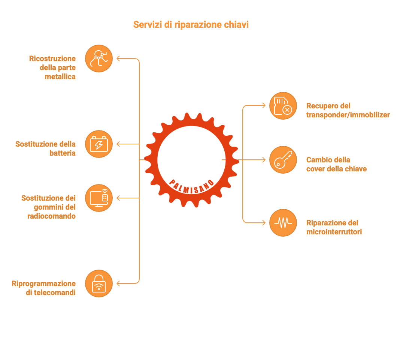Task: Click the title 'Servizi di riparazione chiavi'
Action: coord(191,25)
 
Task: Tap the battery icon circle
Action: coord(99,144)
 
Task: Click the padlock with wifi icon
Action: coord(99,283)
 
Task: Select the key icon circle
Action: coord(283,160)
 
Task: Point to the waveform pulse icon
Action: coord(283,223)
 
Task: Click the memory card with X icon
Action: coord(283,106)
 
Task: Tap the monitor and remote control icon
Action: coord(99,198)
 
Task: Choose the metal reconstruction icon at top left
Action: coord(99,58)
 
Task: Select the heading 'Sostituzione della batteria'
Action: coord(46,148)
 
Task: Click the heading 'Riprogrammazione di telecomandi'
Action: coord(44,288)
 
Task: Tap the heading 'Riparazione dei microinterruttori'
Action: coord(334,227)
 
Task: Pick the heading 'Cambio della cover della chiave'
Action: coord(336,164)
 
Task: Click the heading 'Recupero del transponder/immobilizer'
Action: coord(348,110)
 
